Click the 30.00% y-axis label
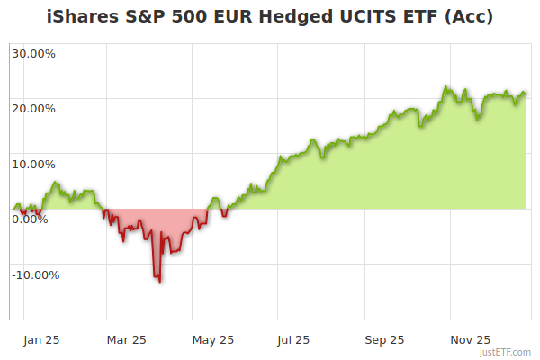(33, 53)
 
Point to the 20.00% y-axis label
(33, 109)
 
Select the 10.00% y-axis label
(33, 165)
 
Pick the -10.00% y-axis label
(35, 275)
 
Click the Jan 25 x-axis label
(41, 340)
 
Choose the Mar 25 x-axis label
(126, 340)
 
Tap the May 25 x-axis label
(213, 340)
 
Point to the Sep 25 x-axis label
(383, 340)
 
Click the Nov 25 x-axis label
(470, 340)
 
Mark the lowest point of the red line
(160, 282)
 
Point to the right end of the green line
(526, 93)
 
